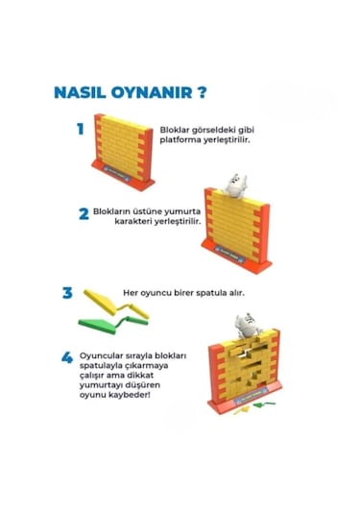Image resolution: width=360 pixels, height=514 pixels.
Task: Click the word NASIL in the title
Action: pos(78,95)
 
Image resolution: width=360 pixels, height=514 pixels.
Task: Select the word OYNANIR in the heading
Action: pos(149,95)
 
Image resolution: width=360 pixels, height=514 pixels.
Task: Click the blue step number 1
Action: pos(81,129)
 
